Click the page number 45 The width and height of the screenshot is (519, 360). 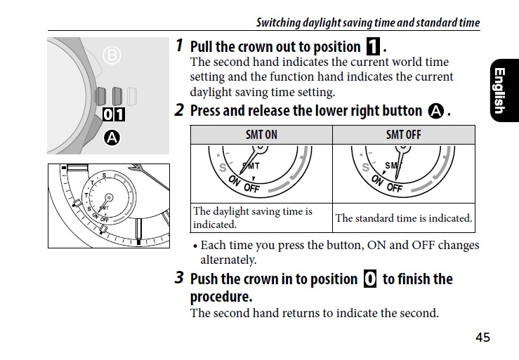point(482,337)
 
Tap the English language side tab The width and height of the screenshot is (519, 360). point(504,91)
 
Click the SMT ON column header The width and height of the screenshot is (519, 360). point(261,135)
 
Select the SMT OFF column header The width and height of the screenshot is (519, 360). point(404,135)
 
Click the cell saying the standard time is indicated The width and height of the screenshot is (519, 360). point(404,218)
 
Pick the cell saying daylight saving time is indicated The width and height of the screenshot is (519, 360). point(253,218)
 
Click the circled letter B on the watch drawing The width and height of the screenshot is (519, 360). point(112,55)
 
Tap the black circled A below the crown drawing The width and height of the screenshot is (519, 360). point(112,138)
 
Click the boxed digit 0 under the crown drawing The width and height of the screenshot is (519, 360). point(108,114)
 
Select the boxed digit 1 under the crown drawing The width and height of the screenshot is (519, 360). point(119,114)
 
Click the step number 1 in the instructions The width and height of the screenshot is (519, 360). point(179,46)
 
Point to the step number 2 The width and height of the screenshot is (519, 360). point(179,110)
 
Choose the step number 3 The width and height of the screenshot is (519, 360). point(179,278)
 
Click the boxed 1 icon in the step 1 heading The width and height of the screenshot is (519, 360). point(373,46)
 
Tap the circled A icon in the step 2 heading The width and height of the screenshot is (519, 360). point(436,111)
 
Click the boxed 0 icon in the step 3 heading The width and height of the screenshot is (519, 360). point(370,279)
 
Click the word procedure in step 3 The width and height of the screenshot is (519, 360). point(221,297)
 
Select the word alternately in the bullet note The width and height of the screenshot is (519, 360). point(228,260)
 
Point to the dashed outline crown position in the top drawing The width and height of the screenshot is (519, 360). point(132,96)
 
